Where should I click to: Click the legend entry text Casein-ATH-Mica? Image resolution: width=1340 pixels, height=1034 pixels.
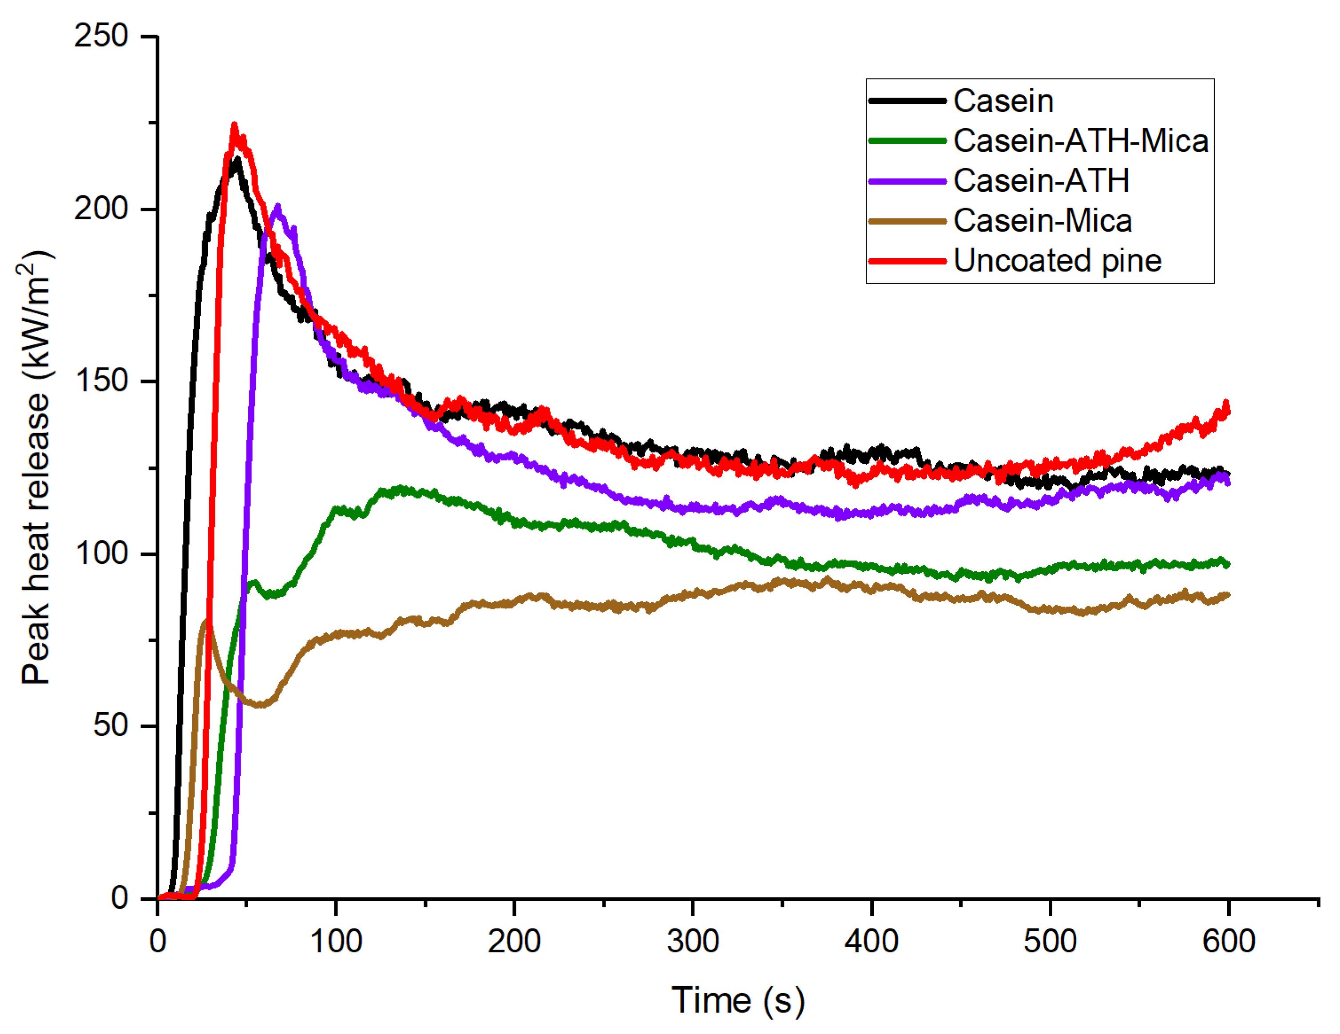[x=1080, y=141]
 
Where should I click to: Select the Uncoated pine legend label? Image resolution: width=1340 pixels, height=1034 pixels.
[x=1057, y=260]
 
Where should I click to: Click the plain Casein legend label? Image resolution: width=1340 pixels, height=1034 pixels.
[x=1003, y=101]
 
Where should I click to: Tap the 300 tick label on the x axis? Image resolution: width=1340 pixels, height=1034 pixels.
[x=693, y=941]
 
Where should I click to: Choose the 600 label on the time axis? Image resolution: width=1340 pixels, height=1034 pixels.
[x=1228, y=941]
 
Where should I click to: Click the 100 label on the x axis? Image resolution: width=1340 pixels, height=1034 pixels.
[x=336, y=941]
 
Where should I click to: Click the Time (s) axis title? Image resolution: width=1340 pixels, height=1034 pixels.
[x=737, y=1001]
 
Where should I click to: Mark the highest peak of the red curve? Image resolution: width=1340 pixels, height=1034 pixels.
[x=234, y=126]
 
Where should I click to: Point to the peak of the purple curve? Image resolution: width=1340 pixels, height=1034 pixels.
[x=278, y=207]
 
